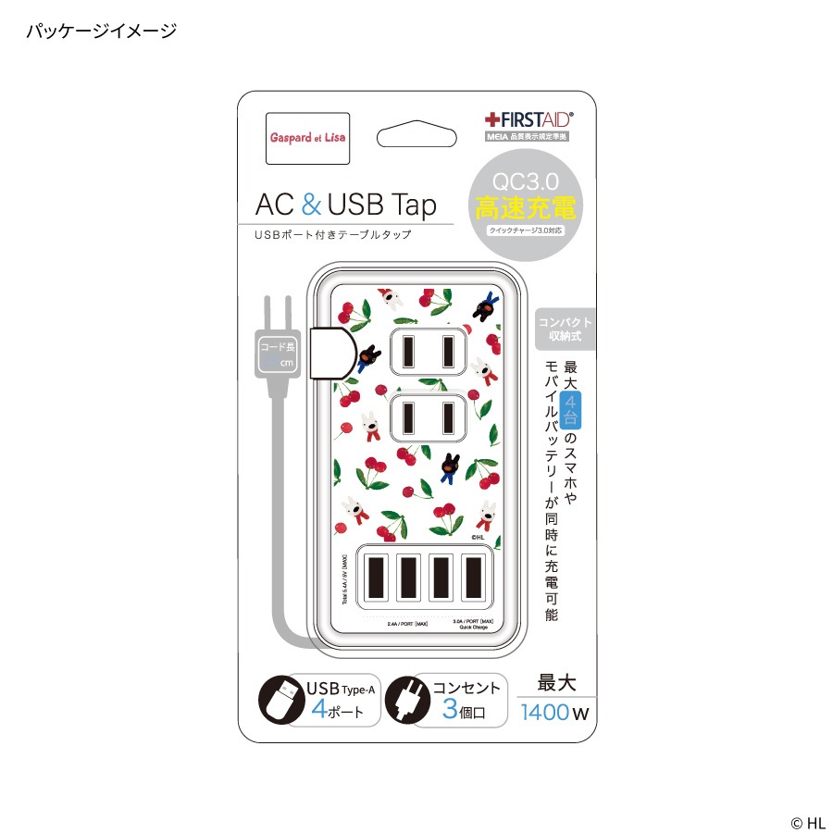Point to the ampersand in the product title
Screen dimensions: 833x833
(x=311, y=204)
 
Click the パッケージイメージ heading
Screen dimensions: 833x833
(x=101, y=31)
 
